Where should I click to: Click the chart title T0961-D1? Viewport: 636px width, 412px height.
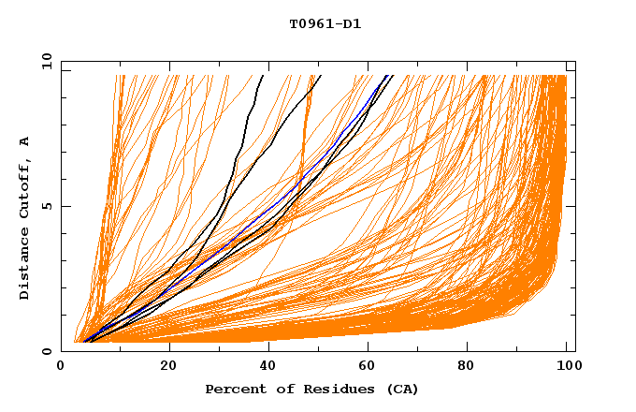pos(325,24)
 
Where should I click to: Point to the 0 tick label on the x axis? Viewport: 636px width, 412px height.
pos(62,367)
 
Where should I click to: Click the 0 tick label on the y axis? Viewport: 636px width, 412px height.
pos(48,352)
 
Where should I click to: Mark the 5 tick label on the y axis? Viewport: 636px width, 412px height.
pos(48,207)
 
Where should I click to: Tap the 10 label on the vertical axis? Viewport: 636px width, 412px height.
pos(45,62)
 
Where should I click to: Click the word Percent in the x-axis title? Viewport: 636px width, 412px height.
pos(233,390)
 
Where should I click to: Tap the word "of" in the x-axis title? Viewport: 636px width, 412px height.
pos(279,390)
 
